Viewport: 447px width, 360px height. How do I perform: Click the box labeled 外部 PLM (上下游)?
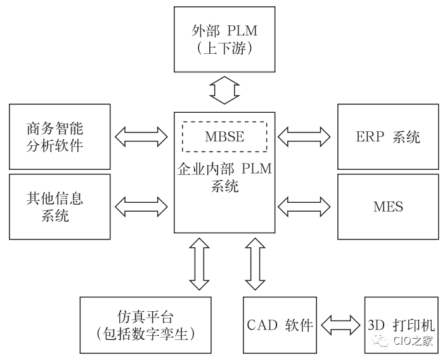tap(225, 39)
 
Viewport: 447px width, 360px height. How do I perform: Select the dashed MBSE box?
tap(224, 136)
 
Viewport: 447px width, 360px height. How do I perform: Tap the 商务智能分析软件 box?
tap(60, 137)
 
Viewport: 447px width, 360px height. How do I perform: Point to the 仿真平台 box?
tap(145, 324)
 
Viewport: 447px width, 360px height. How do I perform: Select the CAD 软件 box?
tap(280, 325)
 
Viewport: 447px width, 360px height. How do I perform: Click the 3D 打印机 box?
tap(400, 325)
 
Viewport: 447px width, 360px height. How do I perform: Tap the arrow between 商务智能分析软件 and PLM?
tap(141, 135)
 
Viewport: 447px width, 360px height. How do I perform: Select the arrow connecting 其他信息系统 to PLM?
tap(141, 205)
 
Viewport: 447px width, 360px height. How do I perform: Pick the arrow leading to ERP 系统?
tap(304, 135)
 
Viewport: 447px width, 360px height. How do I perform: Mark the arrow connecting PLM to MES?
tap(304, 205)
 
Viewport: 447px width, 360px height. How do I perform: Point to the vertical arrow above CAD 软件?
tap(255, 262)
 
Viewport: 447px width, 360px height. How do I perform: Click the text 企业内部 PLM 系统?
tap(224, 178)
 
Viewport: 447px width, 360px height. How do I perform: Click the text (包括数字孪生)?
tap(145, 333)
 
